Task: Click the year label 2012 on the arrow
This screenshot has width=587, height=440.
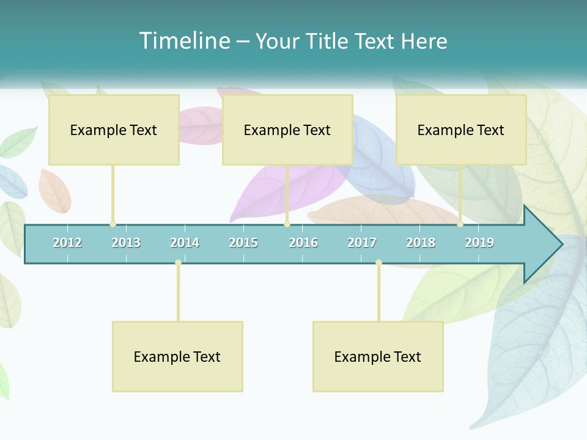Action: [x=67, y=243]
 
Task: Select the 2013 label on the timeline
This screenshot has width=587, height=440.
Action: [x=126, y=243]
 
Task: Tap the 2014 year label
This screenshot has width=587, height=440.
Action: [x=185, y=243]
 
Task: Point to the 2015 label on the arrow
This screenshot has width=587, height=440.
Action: [x=243, y=243]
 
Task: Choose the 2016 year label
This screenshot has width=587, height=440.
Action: [x=303, y=243]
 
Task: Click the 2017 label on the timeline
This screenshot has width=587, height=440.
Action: [x=362, y=243]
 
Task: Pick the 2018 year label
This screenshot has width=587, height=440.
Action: [x=421, y=243]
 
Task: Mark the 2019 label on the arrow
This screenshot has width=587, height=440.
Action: [x=479, y=243]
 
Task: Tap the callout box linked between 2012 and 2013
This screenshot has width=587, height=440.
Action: [x=114, y=130]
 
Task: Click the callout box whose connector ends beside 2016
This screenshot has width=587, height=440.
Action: [x=287, y=130]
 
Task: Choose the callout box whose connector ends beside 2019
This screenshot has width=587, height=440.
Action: [x=461, y=130]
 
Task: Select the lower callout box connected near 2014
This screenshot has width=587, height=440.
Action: [x=177, y=356]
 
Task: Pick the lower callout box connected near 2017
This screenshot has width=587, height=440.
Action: [x=378, y=356]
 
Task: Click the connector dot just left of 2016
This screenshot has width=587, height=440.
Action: [x=287, y=224]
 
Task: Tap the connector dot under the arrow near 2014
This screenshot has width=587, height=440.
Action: [x=178, y=263]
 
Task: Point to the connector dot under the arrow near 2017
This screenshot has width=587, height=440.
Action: [x=378, y=263]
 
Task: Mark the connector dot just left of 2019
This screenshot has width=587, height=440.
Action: [x=460, y=224]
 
